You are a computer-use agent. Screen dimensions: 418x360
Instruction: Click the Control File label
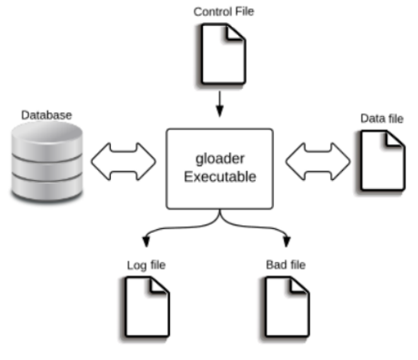point(224,11)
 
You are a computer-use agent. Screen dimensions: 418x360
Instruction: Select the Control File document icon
point(222,54)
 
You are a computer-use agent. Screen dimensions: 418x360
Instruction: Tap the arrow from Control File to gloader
point(220,103)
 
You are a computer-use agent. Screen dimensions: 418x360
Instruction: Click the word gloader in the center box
point(220,159)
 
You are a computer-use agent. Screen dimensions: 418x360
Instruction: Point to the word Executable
point(220,177)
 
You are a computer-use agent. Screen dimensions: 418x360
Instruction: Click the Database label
point(47,115)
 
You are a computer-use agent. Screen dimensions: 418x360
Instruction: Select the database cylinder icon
point(47,161)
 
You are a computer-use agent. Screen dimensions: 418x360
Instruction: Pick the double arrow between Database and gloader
point(123,162)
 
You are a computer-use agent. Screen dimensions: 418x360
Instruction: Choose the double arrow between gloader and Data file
point(318,162)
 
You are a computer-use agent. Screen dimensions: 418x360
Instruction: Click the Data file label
point(382,119)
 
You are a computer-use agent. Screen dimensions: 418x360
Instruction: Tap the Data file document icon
point(381,161)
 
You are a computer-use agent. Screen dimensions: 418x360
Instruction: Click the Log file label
point(146,265)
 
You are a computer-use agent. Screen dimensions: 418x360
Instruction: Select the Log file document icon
point(145,308)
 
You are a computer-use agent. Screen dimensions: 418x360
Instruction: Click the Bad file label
point(286,265)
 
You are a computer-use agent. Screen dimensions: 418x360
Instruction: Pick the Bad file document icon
point(286,308)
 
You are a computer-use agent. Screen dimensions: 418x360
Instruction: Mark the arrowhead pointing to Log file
point(146,241)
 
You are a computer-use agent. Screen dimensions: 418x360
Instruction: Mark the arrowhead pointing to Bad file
point(286,241)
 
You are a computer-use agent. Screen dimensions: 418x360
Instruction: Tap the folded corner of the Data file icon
point(394,139)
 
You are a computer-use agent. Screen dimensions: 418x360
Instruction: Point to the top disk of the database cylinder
point(47,133)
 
